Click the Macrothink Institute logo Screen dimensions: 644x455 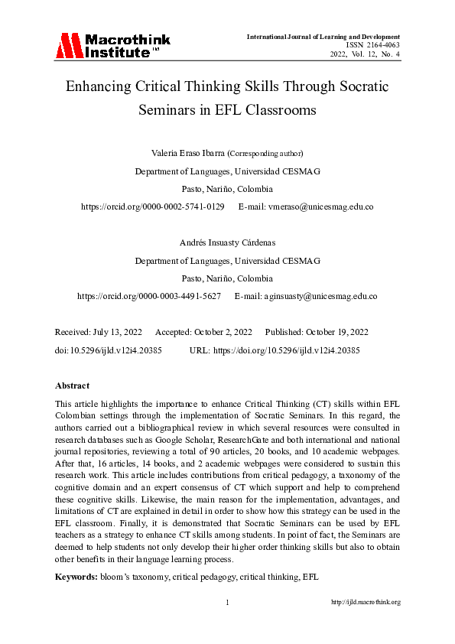(112, 45)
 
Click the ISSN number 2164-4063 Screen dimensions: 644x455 (378, 45)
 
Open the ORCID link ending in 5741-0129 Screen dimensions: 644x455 (153, 207)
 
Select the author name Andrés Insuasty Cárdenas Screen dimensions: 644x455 (227, 242)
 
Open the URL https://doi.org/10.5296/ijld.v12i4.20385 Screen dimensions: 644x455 (286, 350)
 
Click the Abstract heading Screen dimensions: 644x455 (72, 385)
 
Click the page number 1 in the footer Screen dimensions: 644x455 (227, 602)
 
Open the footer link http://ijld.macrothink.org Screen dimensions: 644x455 (366, 602)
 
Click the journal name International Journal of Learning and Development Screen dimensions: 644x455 (323, 36)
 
